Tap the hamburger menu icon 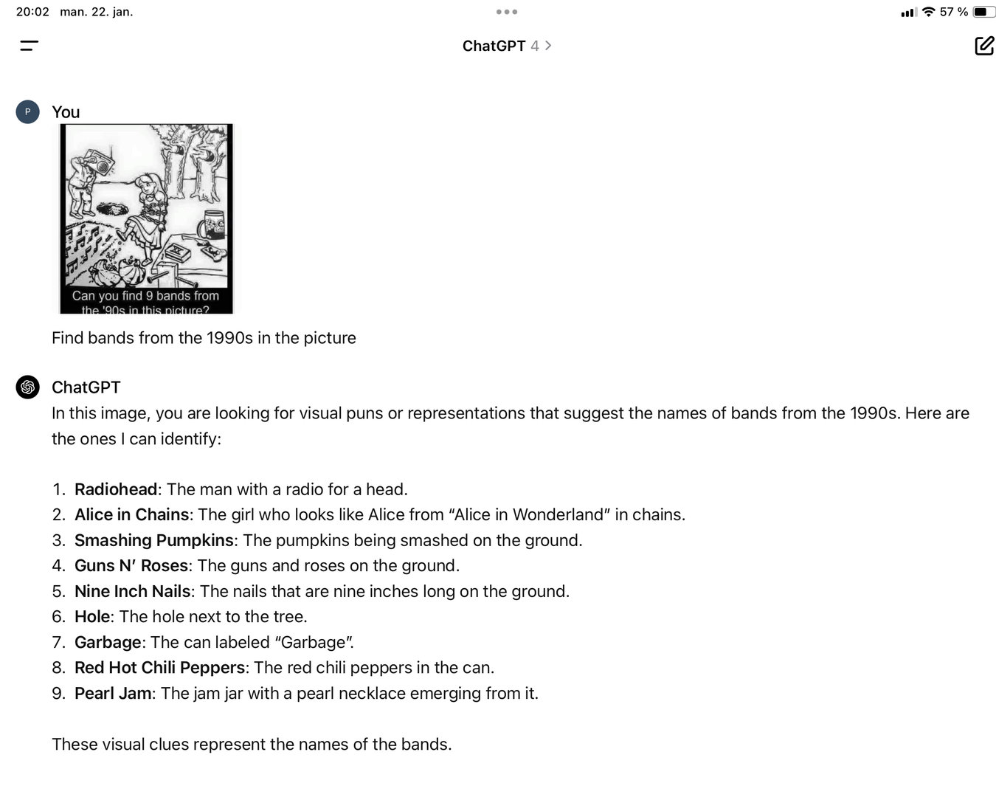(29, 46)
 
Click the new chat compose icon (984, 46)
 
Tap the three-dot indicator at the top (506, 12)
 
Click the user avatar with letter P (27, 112)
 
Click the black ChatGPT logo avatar (27, 387)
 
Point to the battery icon (984, 12)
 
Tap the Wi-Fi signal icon (928, 12)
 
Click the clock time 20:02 (32, 12)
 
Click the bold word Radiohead (116, 489)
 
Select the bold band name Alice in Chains (132, 514)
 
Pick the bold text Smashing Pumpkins (154, 540)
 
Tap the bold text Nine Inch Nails (133, 591)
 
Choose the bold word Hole (92, 616)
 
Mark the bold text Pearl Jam (113, 693)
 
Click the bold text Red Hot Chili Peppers (159, 667)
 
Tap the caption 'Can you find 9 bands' (145, 296)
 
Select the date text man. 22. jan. (97, 12)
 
